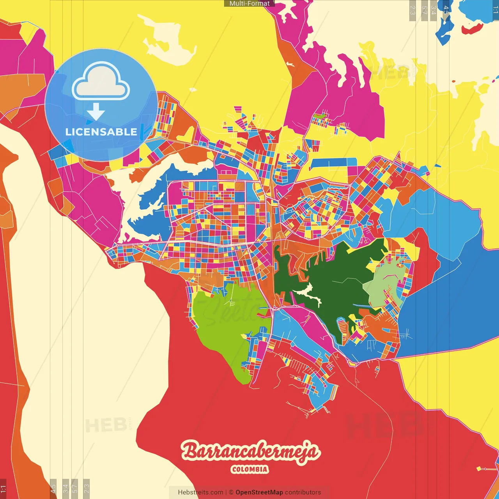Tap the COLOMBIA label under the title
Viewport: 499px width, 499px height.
[249, 469]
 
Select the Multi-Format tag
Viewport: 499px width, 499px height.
[249, 4]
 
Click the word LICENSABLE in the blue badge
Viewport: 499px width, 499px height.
[101, 132]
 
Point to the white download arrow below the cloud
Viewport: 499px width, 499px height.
[96, 111]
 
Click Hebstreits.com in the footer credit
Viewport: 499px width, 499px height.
[200, 492]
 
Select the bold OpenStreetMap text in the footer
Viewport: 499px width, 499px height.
[259, 492]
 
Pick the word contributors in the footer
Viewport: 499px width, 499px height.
[303, 492]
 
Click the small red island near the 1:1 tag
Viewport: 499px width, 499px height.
[472, 29]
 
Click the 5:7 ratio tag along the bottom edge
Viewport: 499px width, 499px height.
[75, 488]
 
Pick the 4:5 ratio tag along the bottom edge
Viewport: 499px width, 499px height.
[53, 488]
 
